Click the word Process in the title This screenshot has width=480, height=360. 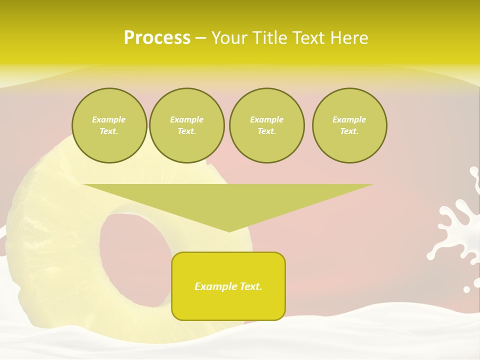tap(157, 38)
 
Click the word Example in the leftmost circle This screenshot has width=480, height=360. tap(109, 119)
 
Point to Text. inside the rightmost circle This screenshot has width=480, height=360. tap(349, 131)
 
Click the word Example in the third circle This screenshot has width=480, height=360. tap(266, 119)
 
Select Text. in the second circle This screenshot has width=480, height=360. tap(186, 131)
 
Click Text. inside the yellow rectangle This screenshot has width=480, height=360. tap(251, 286)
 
